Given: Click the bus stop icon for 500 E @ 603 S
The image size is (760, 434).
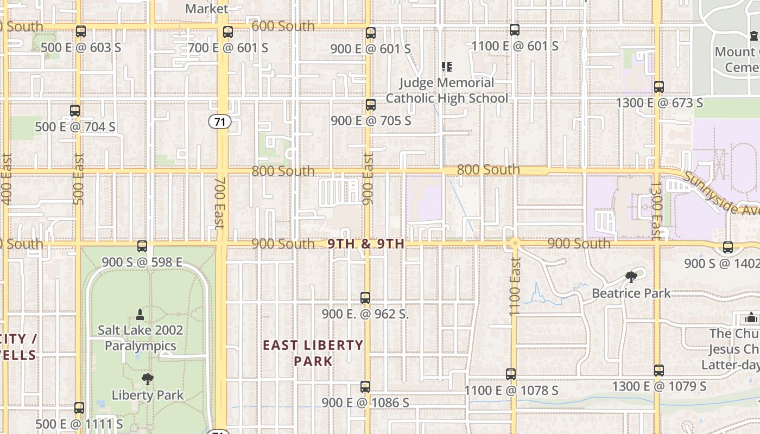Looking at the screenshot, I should pos(81,31).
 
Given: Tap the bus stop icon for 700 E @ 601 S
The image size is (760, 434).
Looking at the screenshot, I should pos(228,32).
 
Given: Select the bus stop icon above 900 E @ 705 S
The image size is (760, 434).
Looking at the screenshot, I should pos(371,105).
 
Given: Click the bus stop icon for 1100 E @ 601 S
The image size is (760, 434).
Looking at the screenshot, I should pos(515,30).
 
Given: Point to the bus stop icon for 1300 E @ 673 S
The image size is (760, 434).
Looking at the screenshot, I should pos(659,87).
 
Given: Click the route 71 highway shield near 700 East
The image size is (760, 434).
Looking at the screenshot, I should pos(220,122).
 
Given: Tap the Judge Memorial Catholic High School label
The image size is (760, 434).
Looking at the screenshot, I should pos(447,91).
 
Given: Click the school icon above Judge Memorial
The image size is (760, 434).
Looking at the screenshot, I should pos(447,67).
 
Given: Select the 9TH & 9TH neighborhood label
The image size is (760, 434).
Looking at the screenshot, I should pos(366,244).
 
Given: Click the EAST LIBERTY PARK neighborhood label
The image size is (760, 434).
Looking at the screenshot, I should pos(313,353).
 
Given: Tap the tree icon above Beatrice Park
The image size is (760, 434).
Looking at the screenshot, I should pos(631,278).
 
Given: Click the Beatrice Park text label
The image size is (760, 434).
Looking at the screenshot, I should pos(631,293).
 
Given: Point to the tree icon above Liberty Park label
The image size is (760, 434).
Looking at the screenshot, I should pos(147,379).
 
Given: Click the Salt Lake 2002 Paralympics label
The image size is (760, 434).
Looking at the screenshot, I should pos(141,338).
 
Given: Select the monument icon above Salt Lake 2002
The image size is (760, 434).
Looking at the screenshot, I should pos(140,314).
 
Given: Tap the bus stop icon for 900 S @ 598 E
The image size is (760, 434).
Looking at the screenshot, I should pos(142,246).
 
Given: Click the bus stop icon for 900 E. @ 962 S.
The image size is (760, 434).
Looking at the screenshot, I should pos(365,298).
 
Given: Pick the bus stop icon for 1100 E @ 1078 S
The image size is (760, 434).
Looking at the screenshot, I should pos(511,374).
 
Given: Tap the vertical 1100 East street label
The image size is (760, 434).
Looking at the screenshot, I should pos(515,286).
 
